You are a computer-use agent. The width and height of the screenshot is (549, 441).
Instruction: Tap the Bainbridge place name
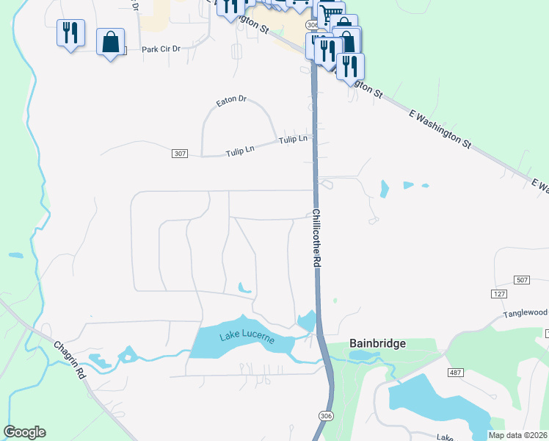point(377,343)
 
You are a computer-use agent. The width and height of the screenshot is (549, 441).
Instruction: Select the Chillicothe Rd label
point(317,238)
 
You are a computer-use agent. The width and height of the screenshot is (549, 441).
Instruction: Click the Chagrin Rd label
point(70,359)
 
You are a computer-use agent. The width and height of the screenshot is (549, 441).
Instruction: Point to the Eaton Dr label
point(231,99)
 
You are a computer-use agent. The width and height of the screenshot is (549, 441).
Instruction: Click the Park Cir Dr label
point(161,49)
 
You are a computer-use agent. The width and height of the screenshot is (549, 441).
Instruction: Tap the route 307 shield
point(181,154)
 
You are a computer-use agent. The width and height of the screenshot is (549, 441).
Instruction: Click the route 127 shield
point(499,293)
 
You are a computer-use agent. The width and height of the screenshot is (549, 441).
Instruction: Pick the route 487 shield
point(455,373)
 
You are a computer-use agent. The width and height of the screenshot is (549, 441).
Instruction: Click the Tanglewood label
point(526,313)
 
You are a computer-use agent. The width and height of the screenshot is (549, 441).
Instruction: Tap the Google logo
point(24,432)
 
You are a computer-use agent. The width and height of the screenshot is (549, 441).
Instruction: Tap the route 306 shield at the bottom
point(326,415)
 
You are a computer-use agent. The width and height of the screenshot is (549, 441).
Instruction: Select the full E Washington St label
point(440,126)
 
